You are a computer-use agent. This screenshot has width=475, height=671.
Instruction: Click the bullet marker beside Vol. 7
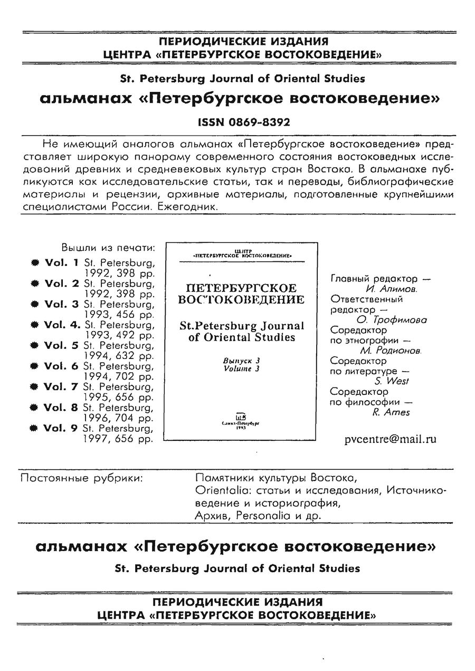35,388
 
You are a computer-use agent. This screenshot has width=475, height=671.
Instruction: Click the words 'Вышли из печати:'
109,248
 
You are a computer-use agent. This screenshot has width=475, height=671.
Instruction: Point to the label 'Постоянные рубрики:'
81,478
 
